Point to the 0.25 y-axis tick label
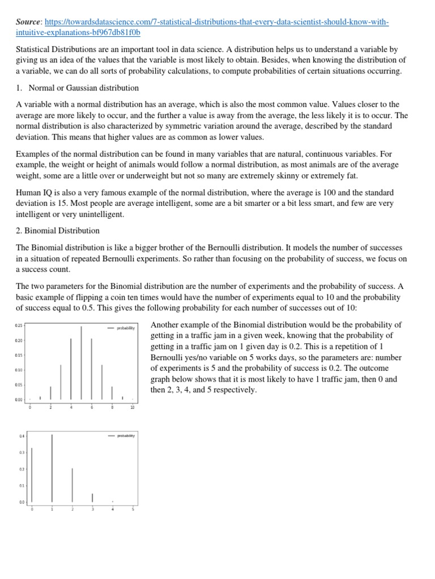19,326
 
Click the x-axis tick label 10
133,407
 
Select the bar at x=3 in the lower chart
92,498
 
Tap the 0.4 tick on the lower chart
22,435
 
